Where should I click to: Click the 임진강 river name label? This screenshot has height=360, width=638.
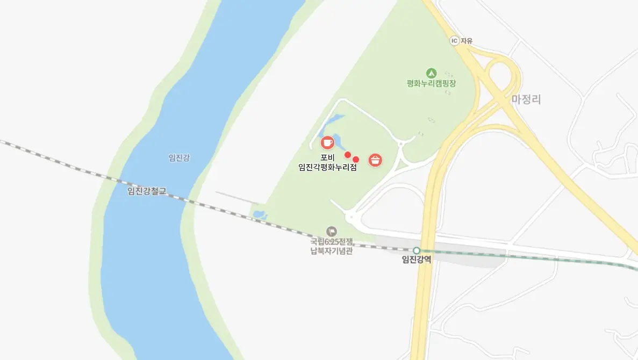pos(179,157)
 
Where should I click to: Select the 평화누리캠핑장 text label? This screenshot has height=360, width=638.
pos(431,83)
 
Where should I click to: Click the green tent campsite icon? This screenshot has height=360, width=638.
pos(431,73)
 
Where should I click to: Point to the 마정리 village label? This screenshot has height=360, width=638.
pos(526,99)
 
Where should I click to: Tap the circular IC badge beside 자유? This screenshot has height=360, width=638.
pos(454,40)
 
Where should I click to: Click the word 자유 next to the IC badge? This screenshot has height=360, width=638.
pos(465,40)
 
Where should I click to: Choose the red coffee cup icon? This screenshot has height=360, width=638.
pos(327,142)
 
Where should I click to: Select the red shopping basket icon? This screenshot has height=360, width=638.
pos(375,160)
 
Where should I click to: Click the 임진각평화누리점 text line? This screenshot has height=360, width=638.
pos(327,167)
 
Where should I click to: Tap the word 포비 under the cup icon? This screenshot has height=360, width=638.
pos(327,157)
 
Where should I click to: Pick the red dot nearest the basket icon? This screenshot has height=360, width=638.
pos(356,160)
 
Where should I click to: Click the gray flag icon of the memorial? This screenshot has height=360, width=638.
pos(332,232)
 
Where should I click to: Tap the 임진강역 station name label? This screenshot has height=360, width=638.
pos(417,260)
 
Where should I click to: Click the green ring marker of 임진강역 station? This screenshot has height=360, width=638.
pos(416,250)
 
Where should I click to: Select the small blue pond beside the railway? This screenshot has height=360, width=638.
pos(260,215)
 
